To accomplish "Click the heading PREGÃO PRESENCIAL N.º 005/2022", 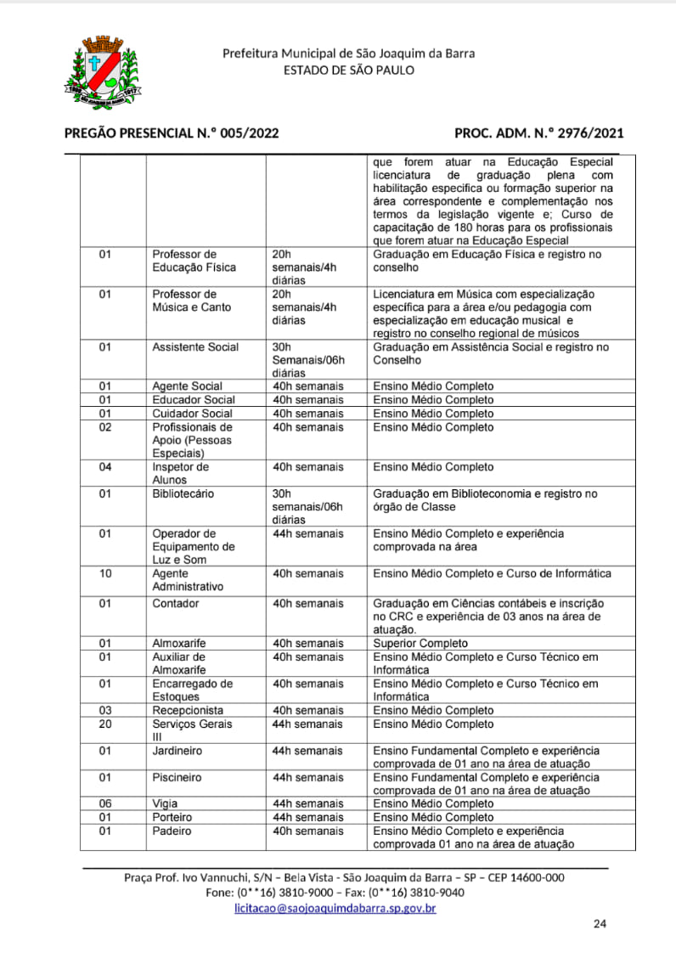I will (x=172, y=132).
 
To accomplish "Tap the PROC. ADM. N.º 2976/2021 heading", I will (x=539, y=132).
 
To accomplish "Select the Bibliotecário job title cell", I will (x=183, y=493).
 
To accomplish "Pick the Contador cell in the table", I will (x=176, y=604).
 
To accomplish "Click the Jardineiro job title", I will (x=177, y=751).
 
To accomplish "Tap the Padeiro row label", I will (x=172, y=831).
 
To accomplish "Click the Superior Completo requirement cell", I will (x=420, y=644).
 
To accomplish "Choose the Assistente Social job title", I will (x=195, y=347).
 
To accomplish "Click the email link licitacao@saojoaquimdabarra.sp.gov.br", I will (x=335, y=908).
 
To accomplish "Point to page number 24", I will (x=600, y=924).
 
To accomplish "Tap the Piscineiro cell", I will (x=177, y=777).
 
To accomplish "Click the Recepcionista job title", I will (x=188, y=710).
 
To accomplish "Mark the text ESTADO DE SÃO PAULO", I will (x=349, y=70).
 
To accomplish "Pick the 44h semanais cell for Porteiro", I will (x=307, y=817).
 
